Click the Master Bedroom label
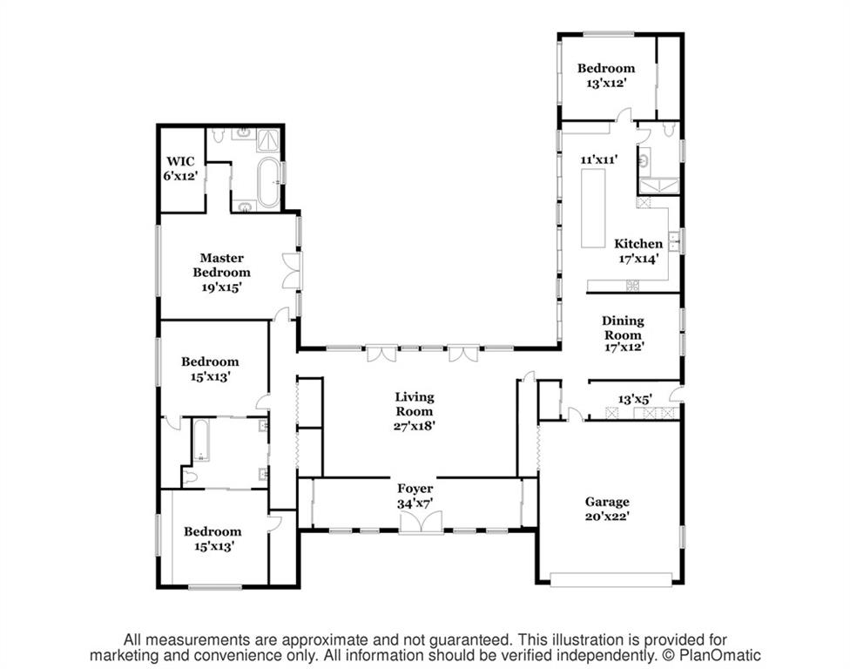click(222, 265)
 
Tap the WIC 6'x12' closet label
click(179, 169)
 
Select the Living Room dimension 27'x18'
click(415, 426)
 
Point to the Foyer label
click(415, 489)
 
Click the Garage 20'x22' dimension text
click(607, 516)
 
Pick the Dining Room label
click(624, 328)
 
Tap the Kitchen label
click(638, 243)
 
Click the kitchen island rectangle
click(593, 208)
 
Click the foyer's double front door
click(422, 523)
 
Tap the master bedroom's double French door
click(293, 270)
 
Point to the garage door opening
click(611, 579)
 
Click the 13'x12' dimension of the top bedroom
click(607, 83)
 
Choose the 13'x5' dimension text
click(635, 400)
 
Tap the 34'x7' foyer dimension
click(415, 503)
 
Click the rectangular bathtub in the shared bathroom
click(200, 440)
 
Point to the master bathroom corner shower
click(268, 140)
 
